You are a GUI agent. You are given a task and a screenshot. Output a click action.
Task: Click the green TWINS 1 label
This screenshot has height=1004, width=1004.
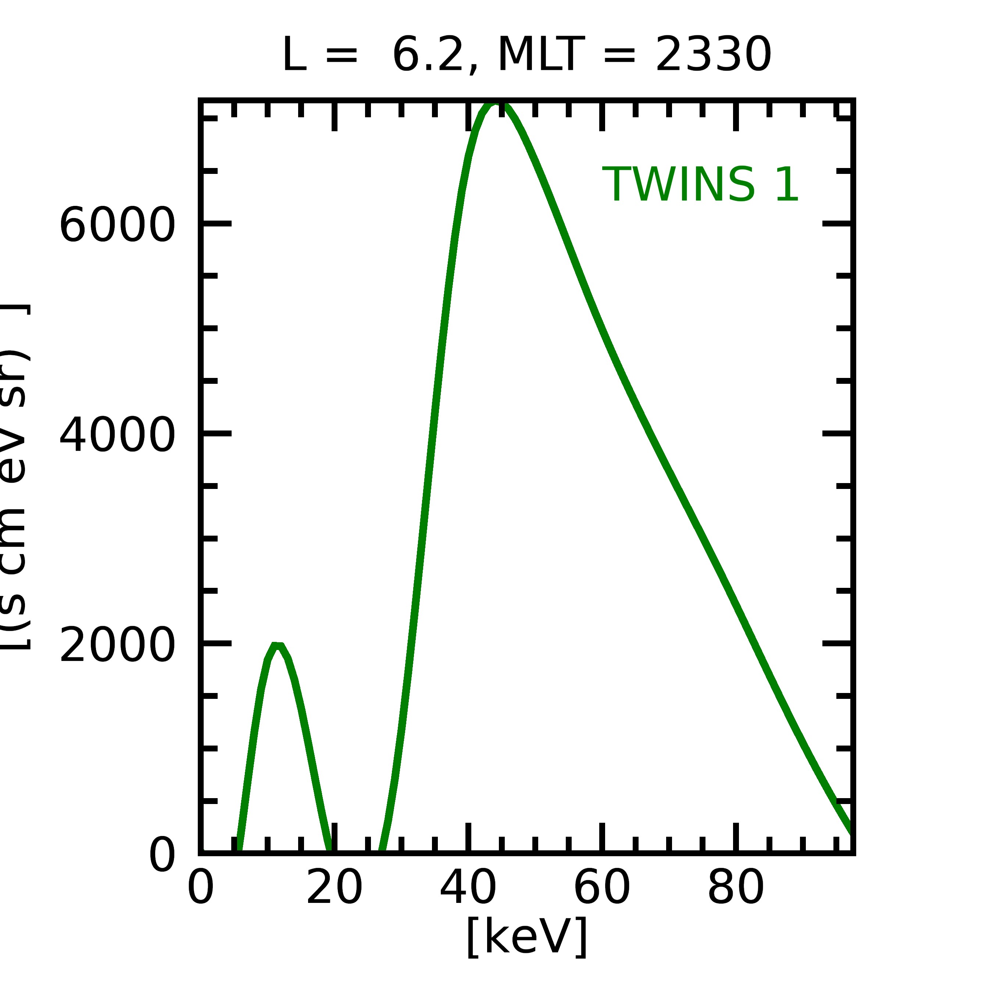700,185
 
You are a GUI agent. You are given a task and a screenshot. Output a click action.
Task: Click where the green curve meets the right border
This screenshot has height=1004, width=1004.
851,829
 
